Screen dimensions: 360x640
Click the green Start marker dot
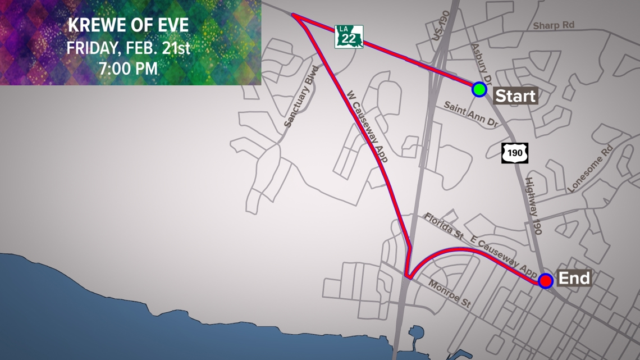click(479, 89)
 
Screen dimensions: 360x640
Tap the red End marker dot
click(545, 280)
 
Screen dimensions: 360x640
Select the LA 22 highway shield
click(349, 37)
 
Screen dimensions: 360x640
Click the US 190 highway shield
click(514, 153)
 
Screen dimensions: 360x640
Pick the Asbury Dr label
click(483, 62)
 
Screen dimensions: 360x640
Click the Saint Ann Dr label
click(471, 114)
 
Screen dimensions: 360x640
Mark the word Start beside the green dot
click(515, 95)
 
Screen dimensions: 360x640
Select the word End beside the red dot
click(574, 278)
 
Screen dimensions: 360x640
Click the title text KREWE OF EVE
click(128, 26)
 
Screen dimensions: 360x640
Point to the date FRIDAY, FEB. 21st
click(128, 48)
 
